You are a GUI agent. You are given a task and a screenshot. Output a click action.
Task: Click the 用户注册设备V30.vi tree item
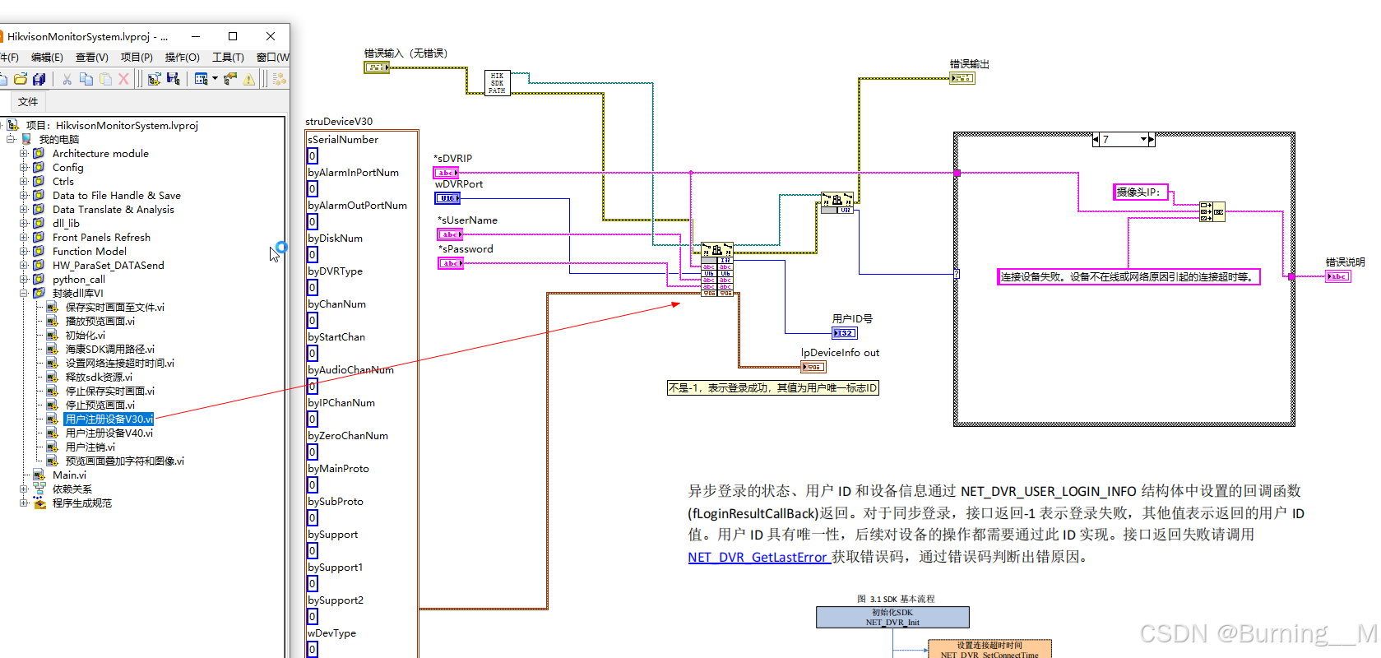pos(109,419)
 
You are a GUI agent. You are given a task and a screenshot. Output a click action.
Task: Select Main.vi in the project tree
pos(69,475)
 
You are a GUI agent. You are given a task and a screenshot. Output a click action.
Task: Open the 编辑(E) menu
pos(47,57)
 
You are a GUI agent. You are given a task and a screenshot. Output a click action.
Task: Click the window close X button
pos(271,36)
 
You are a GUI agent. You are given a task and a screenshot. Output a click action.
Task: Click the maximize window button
pos(233,36)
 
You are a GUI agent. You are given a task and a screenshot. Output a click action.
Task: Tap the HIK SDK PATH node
pos(497,83)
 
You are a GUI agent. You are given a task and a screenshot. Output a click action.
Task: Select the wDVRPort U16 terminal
pos(447,198)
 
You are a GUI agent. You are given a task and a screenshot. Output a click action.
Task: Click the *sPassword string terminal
pos(450,263)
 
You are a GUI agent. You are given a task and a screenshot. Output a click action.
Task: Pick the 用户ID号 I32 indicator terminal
pos(844,333)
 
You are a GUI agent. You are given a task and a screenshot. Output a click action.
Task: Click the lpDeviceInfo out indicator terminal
pos(813,367)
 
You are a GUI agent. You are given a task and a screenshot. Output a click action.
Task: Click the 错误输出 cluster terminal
pos(962,78)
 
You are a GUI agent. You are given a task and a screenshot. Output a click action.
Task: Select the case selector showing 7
pos(1123,140)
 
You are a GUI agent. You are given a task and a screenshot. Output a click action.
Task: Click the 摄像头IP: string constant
pos(1140,192)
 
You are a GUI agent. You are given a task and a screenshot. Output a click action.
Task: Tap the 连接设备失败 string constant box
pos(1128,277)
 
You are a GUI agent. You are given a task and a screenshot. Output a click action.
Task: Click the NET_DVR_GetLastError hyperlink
pos(757,557)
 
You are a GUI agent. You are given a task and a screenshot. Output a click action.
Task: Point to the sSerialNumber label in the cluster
pos(343,140)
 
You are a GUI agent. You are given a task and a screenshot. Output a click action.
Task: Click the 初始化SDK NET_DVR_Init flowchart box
pos(892,617)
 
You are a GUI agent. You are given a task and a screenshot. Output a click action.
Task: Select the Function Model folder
pos(89,251)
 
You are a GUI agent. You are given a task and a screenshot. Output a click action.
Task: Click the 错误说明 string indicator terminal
pos(1337,276)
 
